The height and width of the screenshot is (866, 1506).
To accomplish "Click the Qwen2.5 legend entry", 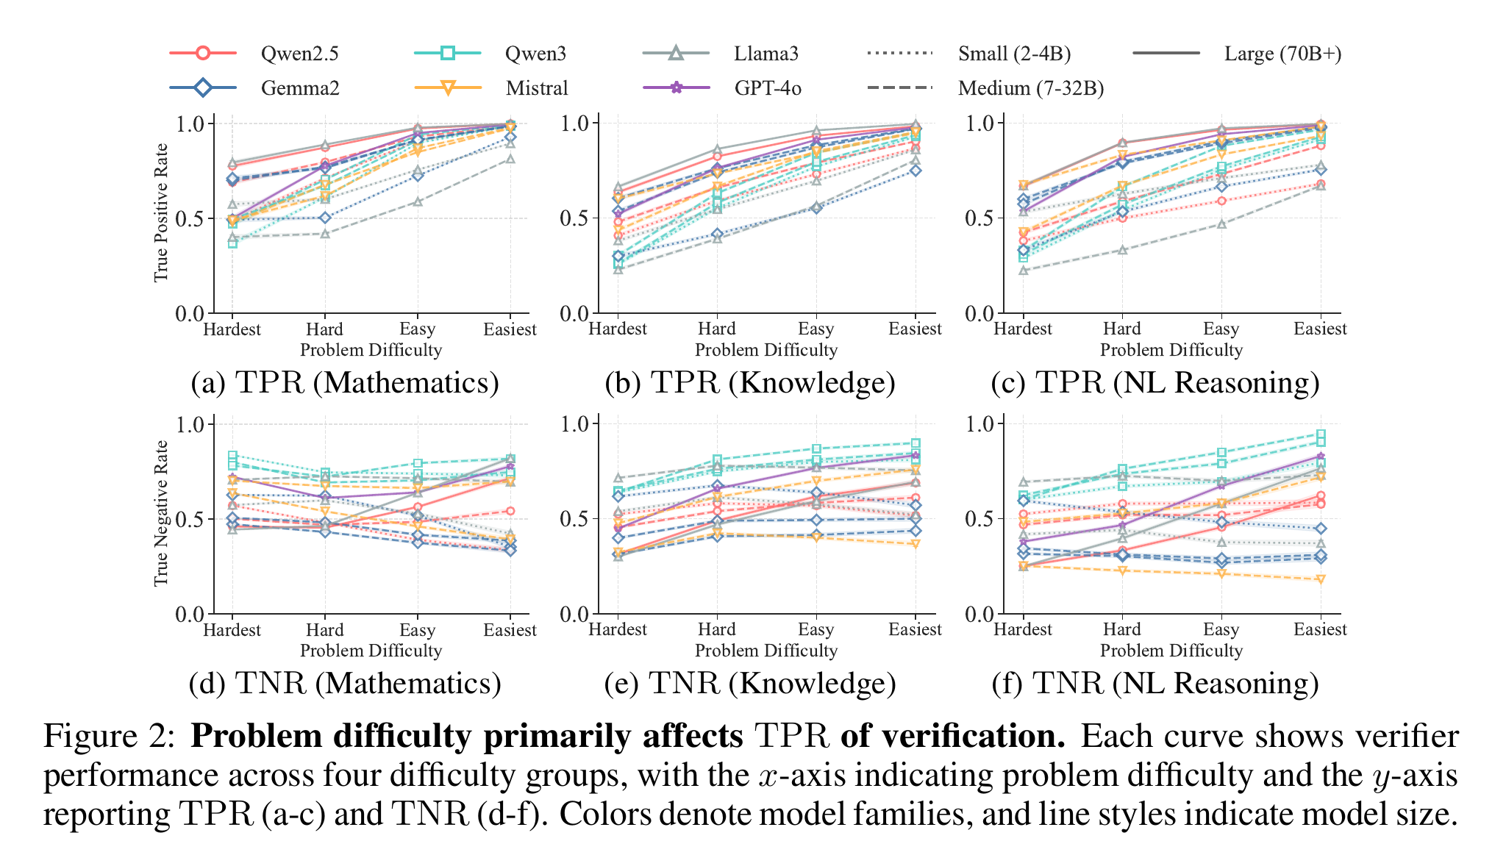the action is click(x=254, y=54).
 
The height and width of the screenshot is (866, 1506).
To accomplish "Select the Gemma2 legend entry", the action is click(x=254, y=88).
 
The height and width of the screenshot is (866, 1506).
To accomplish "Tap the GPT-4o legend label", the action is click(x=768, y=88).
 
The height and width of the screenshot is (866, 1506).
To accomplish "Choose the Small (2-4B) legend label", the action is click(x=1014, y=54).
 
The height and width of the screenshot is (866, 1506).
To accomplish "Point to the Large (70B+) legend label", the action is click(x=1282, y=54).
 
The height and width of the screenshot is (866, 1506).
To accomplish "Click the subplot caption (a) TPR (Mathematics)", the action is click(x=345, y=383).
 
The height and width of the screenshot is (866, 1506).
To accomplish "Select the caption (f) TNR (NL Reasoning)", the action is click(x=1155, y=684).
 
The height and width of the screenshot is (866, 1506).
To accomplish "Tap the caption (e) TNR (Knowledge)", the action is click(x=750, y=684).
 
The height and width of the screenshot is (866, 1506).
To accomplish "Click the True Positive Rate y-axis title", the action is click(x=161, y=212).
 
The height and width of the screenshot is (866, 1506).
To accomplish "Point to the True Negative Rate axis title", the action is click(x=161, y=513).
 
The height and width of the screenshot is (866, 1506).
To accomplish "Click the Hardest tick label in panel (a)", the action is click(x=232, y=329).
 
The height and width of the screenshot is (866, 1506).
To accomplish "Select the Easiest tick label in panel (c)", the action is click(x=1320, y=329).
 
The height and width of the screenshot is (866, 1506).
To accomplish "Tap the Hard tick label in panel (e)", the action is click(x=717, y=630).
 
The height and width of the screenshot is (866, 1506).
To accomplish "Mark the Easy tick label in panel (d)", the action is click(x=417, y=631).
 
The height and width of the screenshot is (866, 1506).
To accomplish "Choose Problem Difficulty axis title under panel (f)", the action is click(x=1171, y=651).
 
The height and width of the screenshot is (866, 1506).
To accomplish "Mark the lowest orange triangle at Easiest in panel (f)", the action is click(x=1321, y=580).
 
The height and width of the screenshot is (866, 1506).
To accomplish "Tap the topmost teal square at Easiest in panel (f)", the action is click(x=1321, y=434).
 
